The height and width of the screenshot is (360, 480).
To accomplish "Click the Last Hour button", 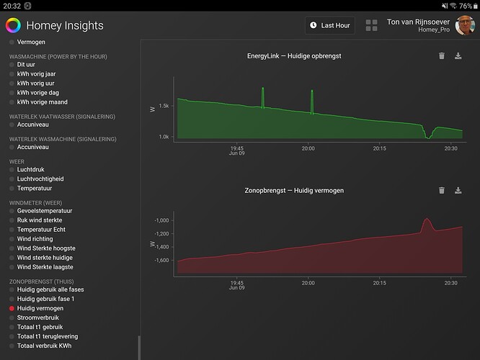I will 330,25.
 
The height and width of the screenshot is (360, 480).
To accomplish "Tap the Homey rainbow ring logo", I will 13,25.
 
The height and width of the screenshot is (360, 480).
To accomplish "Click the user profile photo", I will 465,25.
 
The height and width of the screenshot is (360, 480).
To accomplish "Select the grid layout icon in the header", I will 372,25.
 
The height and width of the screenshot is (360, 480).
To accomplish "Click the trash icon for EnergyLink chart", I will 442,55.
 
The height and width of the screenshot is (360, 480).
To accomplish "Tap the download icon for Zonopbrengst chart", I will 458,190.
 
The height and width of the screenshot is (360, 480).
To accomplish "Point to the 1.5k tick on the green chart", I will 164,106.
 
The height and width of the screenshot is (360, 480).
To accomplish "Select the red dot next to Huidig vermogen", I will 12,308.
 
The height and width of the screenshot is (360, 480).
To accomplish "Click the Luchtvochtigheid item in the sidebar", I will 40,179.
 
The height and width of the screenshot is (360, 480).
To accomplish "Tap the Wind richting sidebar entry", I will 35,239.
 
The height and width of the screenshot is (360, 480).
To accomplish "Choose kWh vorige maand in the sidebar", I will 43,102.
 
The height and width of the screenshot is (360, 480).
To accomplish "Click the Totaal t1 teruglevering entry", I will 48,336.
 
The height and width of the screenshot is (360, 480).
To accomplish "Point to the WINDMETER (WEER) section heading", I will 40,202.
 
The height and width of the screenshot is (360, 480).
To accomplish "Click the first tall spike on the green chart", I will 262,89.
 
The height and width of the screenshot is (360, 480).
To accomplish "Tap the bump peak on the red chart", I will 426,220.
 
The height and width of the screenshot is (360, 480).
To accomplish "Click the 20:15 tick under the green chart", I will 380,148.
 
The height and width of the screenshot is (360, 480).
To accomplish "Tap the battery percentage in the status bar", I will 466,6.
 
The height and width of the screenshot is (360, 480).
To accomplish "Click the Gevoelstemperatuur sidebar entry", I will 45,211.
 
